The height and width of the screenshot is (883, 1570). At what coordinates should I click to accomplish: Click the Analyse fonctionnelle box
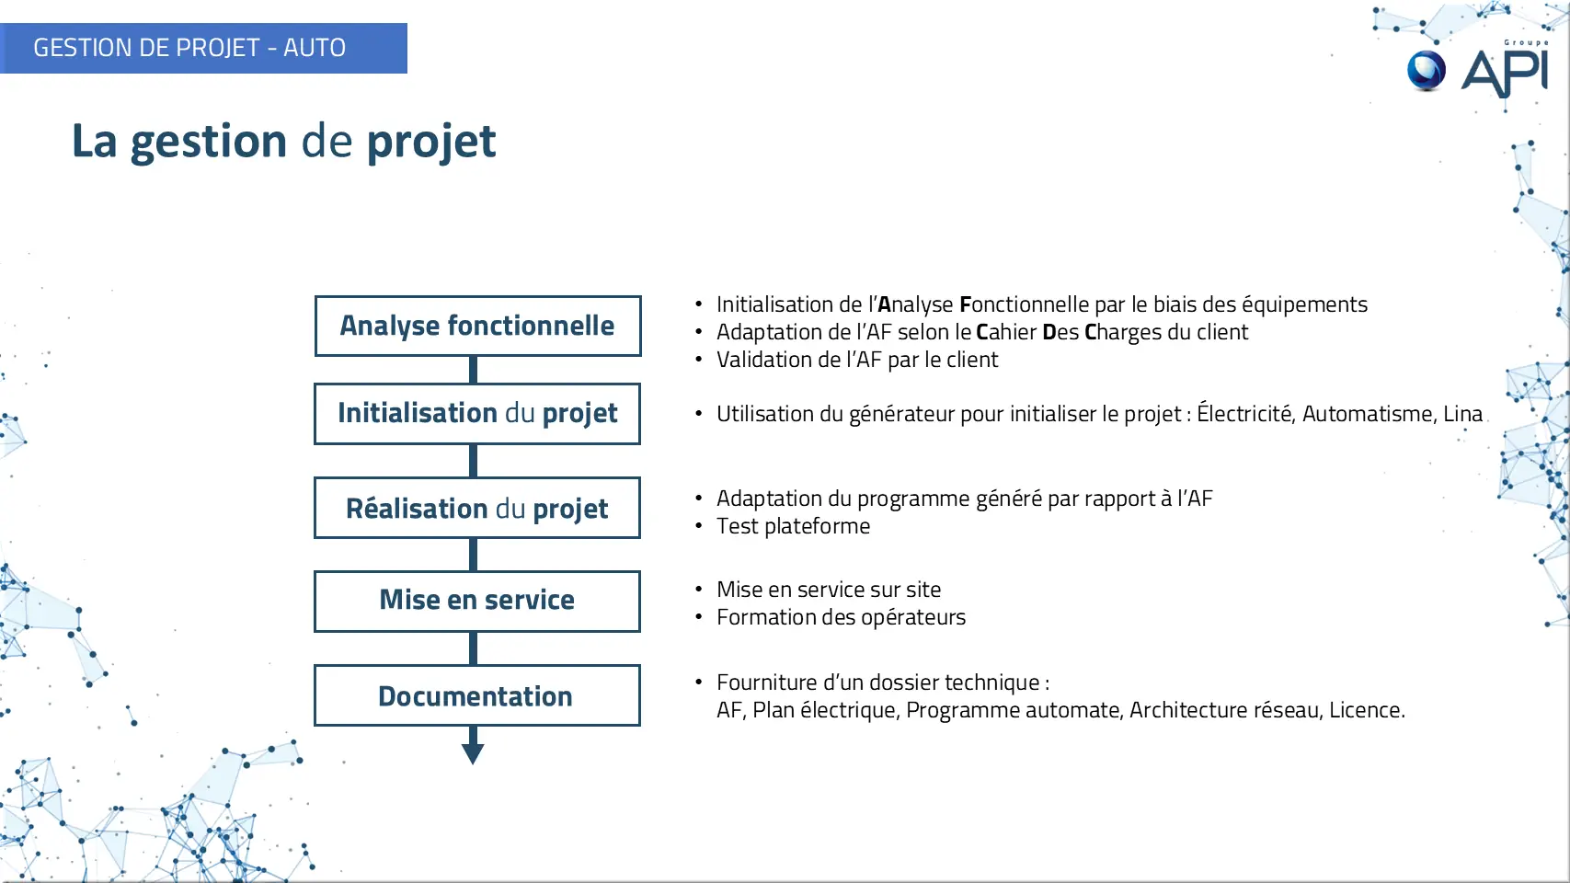477,326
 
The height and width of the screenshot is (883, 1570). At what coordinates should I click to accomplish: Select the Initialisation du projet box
477,414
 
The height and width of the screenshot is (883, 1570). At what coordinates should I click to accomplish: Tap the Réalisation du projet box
477,508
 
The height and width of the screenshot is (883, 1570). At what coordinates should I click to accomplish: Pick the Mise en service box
477,602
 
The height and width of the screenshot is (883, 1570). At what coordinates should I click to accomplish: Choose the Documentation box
477,695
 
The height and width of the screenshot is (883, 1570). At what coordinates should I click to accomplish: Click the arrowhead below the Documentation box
473,754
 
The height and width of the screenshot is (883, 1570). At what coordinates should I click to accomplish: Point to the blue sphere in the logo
1427,71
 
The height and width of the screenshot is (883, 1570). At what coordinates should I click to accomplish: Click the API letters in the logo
1504,72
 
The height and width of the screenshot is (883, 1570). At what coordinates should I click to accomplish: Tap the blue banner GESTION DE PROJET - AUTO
203,48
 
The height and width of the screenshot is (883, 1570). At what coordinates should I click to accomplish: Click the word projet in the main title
431,143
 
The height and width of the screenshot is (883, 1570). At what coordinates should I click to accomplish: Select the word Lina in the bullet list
1462,414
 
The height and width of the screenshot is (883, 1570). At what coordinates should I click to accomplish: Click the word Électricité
1244,413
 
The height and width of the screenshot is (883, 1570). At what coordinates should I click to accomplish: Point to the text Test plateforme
793,525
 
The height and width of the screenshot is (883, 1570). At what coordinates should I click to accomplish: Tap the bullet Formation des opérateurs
841,617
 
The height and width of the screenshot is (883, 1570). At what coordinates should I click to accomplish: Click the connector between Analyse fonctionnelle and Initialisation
473,370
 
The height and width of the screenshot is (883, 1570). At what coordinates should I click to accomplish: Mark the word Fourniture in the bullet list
765,682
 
